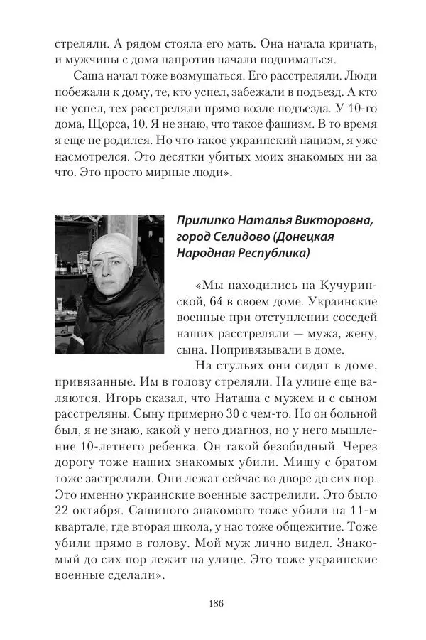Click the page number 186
[x=216, y=604]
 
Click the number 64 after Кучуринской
[x=192, y=300]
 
